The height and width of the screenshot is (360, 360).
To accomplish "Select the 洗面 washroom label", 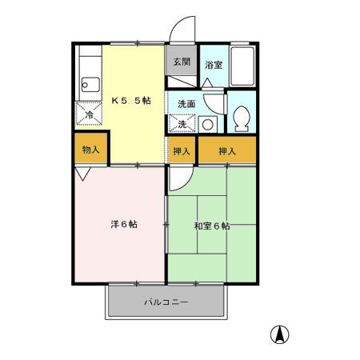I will pos(186,103).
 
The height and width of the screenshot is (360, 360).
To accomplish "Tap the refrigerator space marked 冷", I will pos(90,114).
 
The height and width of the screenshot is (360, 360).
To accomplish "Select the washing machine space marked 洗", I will pos(182,124).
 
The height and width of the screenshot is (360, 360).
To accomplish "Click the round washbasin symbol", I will pos(207,124).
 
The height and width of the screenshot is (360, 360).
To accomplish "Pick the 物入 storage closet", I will pos(90,149).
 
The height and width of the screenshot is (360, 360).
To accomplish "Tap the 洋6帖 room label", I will pos(123,224).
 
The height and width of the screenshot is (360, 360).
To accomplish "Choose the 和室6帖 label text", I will pos(211,226).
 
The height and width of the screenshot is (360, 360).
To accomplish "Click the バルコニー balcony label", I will pos(166,302).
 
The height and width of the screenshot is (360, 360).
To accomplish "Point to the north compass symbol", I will pos(282,334).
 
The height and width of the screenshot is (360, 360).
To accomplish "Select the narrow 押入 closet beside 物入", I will pos(182,150).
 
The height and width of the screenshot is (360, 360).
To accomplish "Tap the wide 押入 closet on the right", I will pos(228,150).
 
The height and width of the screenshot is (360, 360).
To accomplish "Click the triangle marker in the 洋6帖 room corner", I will pos(83,172).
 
